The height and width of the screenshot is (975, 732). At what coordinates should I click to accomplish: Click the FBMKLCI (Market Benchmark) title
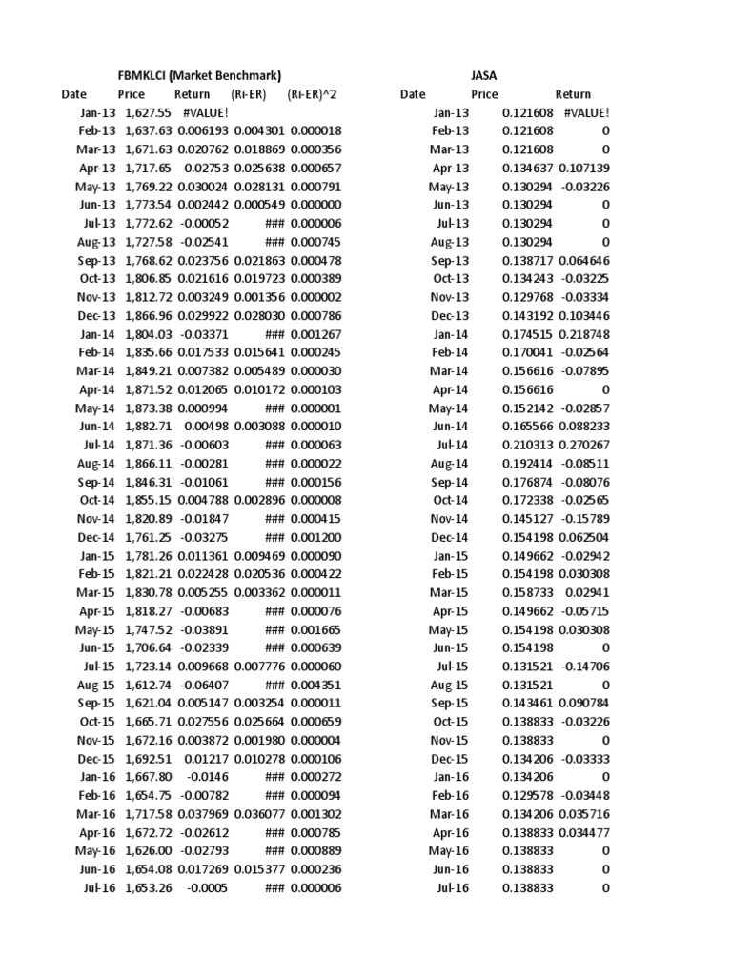coord(199,75)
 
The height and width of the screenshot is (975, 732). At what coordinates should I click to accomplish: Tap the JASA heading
coord(483,75)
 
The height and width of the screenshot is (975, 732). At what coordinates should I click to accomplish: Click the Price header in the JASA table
coord(484,94)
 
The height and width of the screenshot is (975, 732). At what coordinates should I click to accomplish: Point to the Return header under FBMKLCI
coord(193,94)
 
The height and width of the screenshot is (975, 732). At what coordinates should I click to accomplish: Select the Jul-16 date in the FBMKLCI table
coord(100,888)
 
